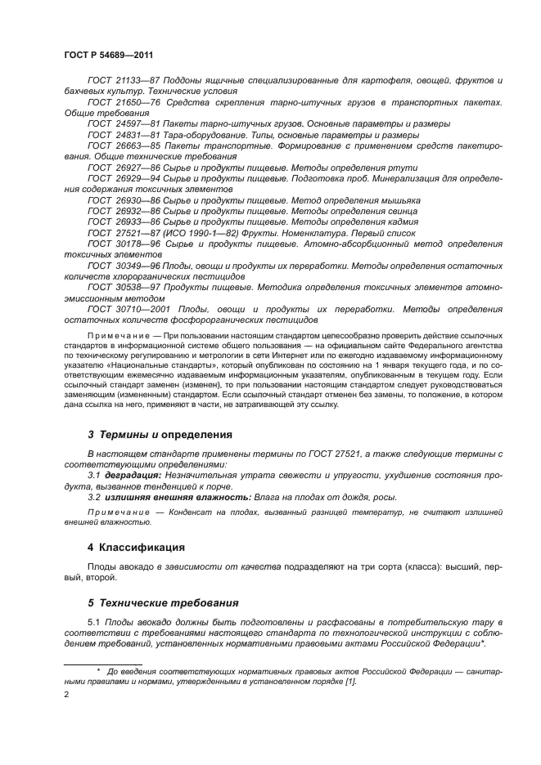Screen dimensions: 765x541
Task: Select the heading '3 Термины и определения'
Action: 160,434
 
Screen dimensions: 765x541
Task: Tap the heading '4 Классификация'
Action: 136,547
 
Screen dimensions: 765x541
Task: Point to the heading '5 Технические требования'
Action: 163,602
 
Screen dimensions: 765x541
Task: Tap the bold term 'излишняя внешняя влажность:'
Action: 168,497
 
